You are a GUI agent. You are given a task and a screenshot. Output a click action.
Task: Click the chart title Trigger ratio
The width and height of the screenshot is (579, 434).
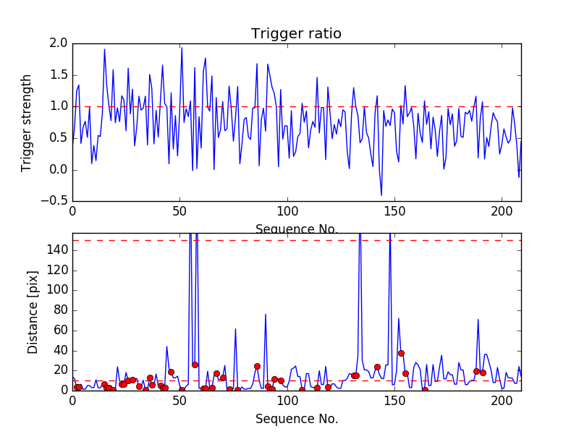click(296, 34)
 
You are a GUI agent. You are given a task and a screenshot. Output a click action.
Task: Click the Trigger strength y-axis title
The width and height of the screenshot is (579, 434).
click(27, 122)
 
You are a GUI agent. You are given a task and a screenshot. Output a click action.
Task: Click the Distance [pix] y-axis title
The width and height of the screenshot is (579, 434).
click(33, 311)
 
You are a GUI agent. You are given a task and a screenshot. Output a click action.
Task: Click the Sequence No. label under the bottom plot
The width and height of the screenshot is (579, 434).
click(297, 419)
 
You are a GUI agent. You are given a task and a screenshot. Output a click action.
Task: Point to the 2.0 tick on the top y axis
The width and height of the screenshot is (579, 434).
click(59, 43)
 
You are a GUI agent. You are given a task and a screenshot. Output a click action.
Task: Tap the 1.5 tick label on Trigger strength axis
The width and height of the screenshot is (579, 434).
click(59, 75)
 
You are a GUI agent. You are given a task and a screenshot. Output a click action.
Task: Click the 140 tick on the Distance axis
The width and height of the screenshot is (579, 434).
click(56, 250)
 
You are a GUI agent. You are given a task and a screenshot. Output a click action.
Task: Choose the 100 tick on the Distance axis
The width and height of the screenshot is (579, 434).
click(56, 290)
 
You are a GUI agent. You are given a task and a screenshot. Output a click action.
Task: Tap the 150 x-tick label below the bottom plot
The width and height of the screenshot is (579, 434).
click(394, 401)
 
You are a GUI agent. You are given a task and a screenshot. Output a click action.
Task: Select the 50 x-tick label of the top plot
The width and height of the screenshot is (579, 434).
click(179, 213)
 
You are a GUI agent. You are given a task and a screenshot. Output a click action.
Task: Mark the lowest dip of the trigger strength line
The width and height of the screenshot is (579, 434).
click(381, 195)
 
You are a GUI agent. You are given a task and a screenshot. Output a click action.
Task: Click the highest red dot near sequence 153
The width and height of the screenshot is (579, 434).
click(401, 353)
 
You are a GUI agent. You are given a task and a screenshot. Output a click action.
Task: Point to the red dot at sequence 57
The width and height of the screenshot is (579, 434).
click(195, 365)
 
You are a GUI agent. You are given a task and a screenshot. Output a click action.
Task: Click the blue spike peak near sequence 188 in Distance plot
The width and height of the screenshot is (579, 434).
click(478, 319)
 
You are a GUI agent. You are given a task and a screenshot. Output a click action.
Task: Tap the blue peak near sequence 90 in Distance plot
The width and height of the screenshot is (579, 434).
click(266, 314)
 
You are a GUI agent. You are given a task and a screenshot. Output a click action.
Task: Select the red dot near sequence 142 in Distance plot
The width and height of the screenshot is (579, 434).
click(377, 367)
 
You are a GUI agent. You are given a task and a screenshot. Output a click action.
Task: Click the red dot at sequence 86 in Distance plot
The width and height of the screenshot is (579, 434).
click(257, 366)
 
